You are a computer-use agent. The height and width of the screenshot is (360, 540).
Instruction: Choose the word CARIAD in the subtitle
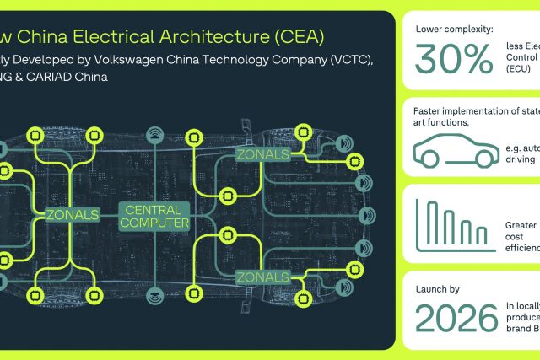60,77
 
